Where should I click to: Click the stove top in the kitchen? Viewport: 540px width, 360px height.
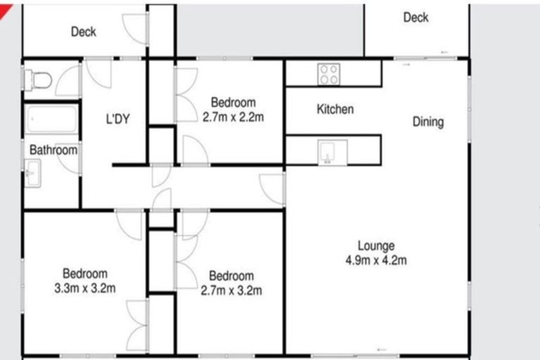click(328, 73)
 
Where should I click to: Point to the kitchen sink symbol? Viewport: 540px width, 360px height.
click(328, 152)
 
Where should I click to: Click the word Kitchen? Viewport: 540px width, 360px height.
click(335, 110)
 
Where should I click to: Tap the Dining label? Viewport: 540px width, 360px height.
click(427, 122)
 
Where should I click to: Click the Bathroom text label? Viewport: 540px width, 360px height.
click(53, 150)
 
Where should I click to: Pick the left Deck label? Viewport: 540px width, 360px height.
click(84, 32)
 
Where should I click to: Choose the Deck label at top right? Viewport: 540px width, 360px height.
click(416, 18)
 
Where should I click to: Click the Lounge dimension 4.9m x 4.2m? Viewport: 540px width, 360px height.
click(376, 260)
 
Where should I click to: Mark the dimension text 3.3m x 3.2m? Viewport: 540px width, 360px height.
click(85, 288)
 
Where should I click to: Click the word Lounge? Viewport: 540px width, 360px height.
click(376, 246)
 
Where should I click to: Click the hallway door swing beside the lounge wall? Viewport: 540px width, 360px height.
click(271, 188)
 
